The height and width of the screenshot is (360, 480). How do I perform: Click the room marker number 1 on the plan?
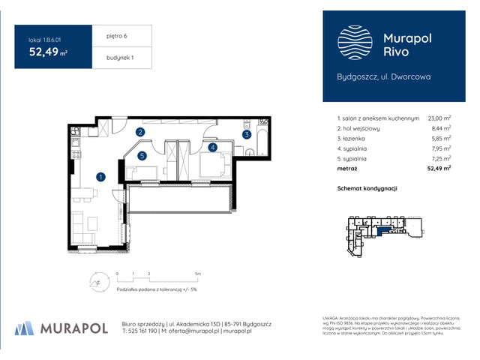(x=100, y=177)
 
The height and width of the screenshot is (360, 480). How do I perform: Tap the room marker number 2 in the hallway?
(x=140, y=133)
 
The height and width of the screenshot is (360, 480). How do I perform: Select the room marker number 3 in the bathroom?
(x=246, y=135)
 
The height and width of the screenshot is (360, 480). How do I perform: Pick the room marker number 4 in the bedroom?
(x=213, y=148)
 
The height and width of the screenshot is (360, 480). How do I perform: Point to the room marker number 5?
(x=142, y=156)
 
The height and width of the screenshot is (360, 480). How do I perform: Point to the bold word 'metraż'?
(x=349, y=169)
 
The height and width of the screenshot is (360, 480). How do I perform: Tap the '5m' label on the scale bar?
(x=197, y=274)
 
